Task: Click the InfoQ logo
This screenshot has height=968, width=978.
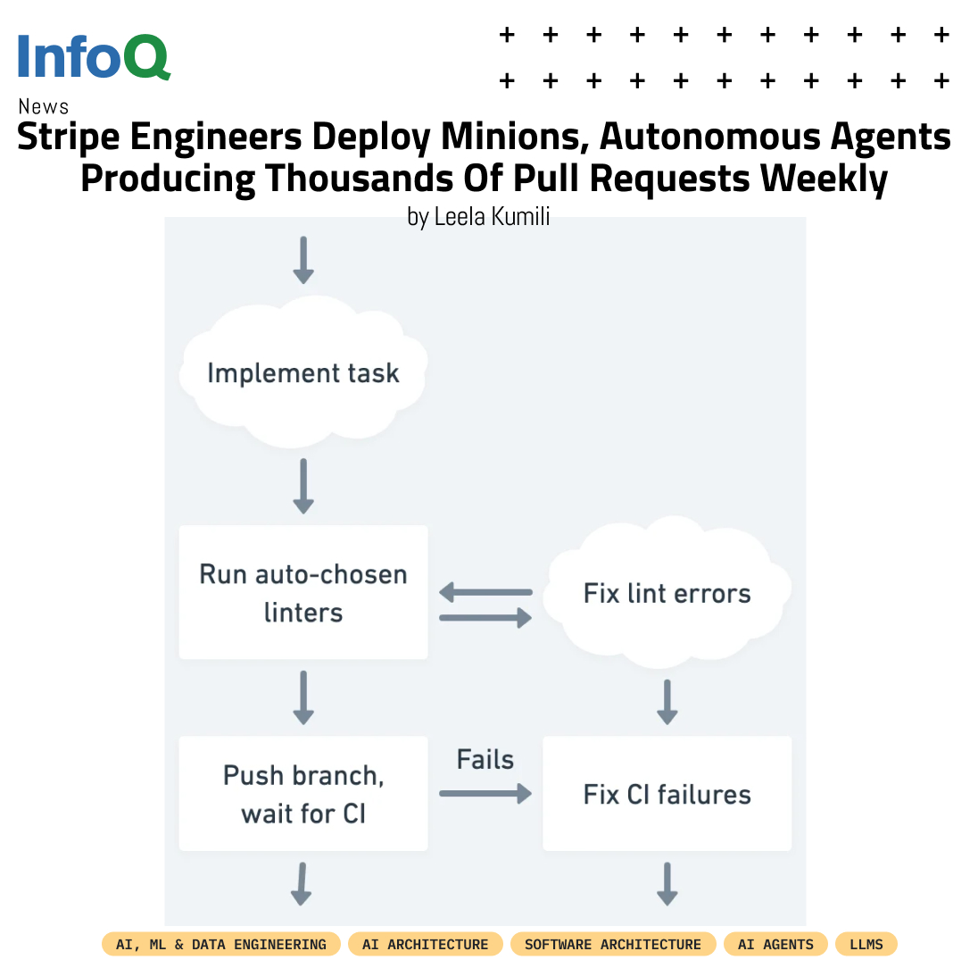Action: coord(93,56)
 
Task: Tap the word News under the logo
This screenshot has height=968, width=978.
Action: coord(43,107)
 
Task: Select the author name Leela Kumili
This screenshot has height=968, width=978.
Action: coord(491,217)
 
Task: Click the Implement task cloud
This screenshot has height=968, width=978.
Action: coord(303,373)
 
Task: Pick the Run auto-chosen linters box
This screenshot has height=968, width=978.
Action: coord(303,593)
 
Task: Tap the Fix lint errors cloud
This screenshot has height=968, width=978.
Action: coord(667,594)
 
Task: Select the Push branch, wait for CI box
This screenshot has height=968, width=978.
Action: coord(303,794)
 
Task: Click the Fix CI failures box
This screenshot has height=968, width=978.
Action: coord(667,794)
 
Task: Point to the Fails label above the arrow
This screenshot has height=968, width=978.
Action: coord(485,760)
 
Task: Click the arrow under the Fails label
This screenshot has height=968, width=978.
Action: coord(485,793)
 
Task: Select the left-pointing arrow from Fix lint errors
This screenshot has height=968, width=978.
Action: coord(485,592)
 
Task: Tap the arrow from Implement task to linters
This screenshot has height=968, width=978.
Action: coord(303,486)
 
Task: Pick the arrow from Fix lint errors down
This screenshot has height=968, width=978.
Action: coord(667,701)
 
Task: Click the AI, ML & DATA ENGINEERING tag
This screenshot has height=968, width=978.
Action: coord(221,944)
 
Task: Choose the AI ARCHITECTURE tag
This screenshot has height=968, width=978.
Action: coord(426,944)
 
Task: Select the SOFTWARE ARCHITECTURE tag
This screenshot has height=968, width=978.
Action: coord(613,944)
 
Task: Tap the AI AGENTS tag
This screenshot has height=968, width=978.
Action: coord(775,944)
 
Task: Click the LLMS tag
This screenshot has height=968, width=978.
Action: coord(866,944)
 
